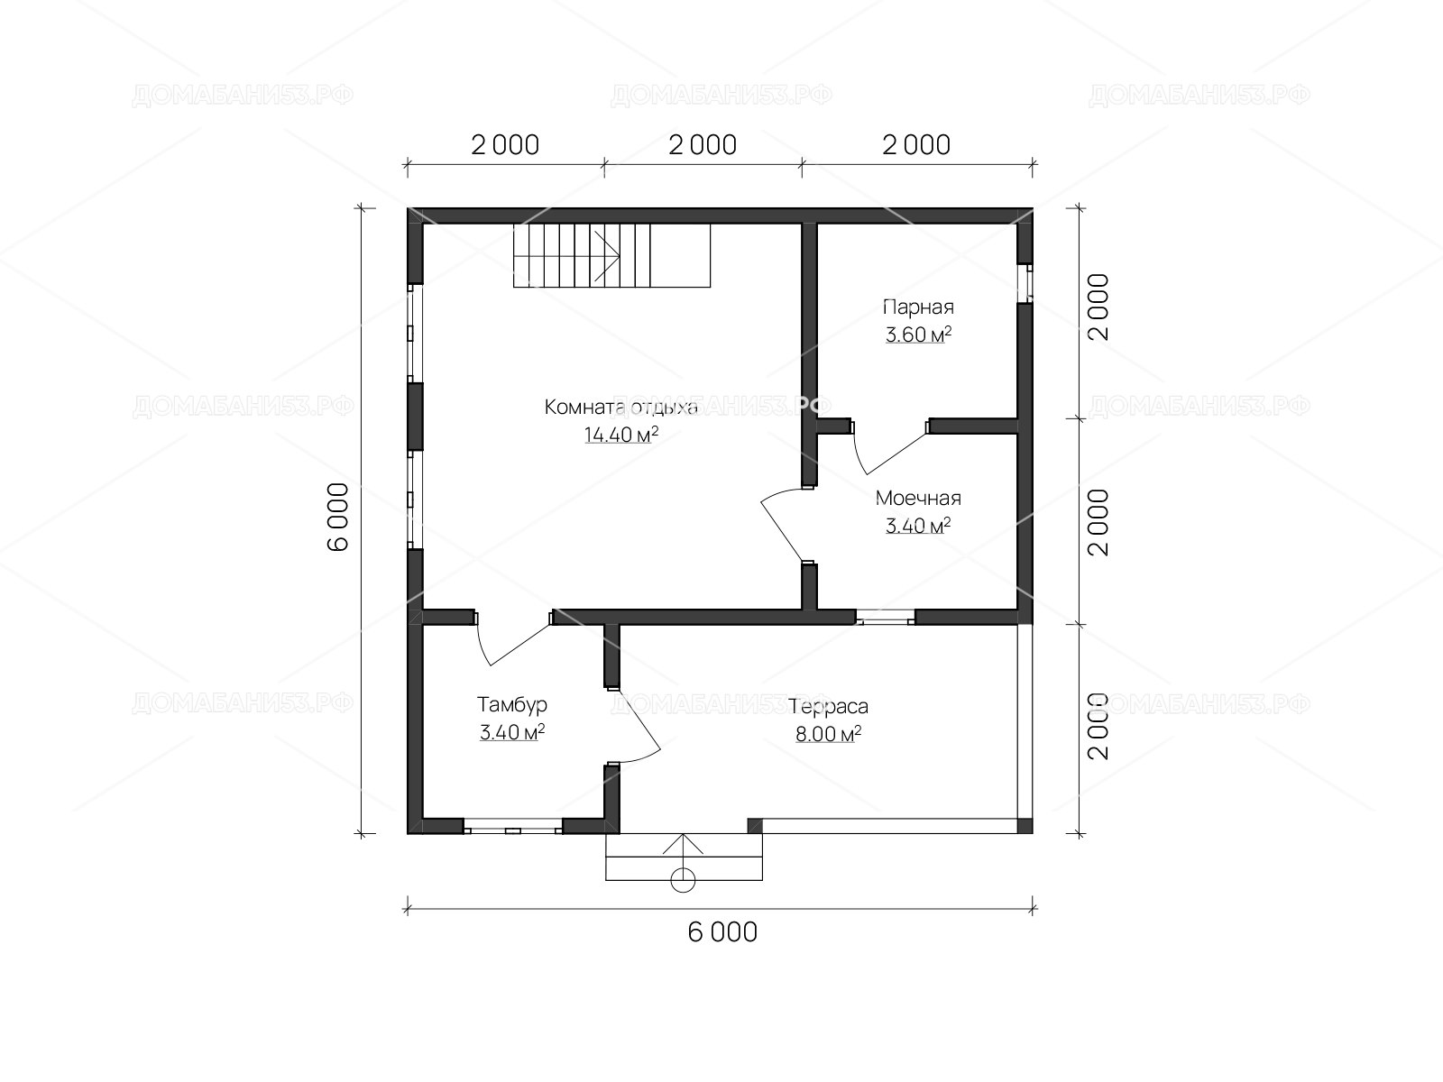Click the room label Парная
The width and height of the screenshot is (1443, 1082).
918,307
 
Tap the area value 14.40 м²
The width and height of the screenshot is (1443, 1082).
621,435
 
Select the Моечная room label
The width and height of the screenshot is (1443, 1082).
918,498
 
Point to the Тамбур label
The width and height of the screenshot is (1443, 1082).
512,705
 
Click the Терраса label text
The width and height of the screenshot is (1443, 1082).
828,707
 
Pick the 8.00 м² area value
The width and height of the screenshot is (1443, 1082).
828,734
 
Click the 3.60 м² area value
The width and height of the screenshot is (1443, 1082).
918,335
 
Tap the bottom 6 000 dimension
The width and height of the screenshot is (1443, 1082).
722,932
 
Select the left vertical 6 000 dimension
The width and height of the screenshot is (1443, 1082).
338,517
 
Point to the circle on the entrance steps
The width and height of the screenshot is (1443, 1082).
683,880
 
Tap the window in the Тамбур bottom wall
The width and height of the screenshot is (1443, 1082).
513,830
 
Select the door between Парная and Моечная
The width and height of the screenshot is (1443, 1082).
888,447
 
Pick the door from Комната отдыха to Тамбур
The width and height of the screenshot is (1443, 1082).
513,639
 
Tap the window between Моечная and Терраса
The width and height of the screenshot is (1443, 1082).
885,618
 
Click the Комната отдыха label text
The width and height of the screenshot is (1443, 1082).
621,408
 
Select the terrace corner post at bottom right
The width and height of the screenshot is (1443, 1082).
1025,826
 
